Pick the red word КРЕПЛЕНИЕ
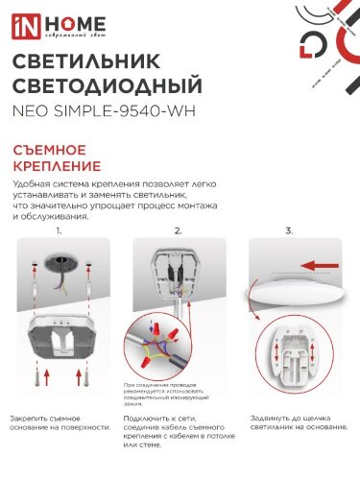(58, 168)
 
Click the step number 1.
(59, 231)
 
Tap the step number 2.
(178, 231)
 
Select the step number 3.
(289, 231)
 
